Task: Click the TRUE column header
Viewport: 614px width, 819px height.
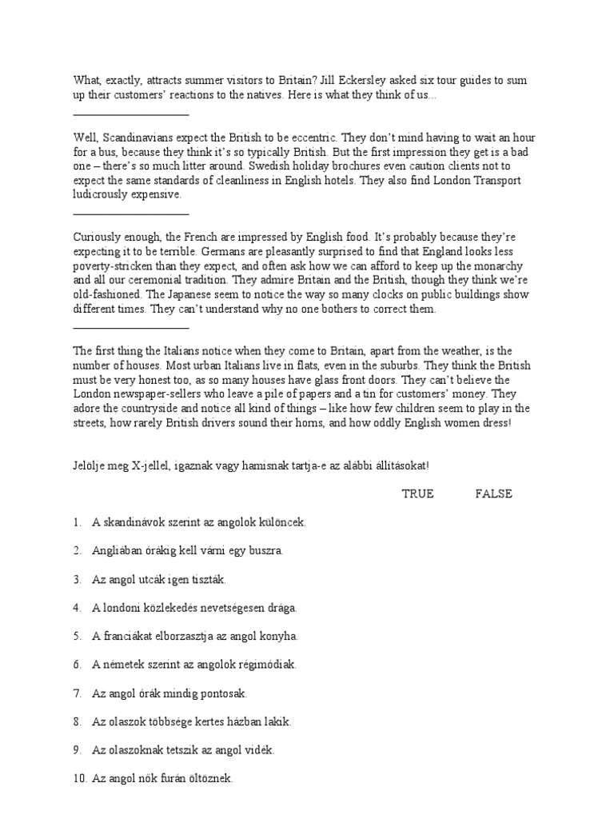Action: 417,494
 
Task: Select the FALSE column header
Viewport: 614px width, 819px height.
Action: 493,494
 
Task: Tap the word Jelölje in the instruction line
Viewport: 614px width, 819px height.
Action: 90,465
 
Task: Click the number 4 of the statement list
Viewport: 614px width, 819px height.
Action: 76,608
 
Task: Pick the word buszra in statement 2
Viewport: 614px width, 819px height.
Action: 265,551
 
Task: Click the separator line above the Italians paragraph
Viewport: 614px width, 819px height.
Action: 131,327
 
